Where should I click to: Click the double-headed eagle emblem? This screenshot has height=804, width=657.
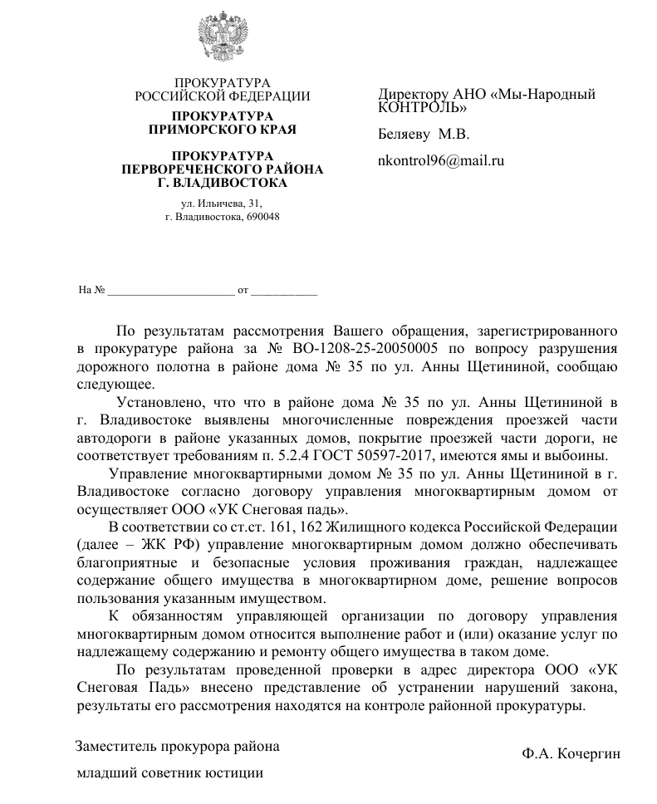click(x=223, y=37)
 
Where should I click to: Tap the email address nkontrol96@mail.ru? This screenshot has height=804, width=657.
click(x=441, y=161)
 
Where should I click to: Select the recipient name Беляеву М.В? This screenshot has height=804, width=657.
click(x=424, y=133)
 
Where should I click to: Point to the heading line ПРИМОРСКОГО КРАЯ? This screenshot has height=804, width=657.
click(x=222, y=129)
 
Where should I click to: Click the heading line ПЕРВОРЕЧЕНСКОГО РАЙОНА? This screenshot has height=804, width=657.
click(x=222, y=169)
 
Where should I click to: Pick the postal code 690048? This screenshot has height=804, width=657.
click(x=258, y=217)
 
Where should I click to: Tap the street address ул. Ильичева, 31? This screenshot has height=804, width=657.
click(x=221, y=203)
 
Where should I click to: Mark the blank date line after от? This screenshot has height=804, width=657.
click(x=283, y=291)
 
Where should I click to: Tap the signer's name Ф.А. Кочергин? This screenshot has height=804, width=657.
click(x=571, y=753)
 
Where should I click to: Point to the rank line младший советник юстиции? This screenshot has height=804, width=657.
click(x=169, y=773)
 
